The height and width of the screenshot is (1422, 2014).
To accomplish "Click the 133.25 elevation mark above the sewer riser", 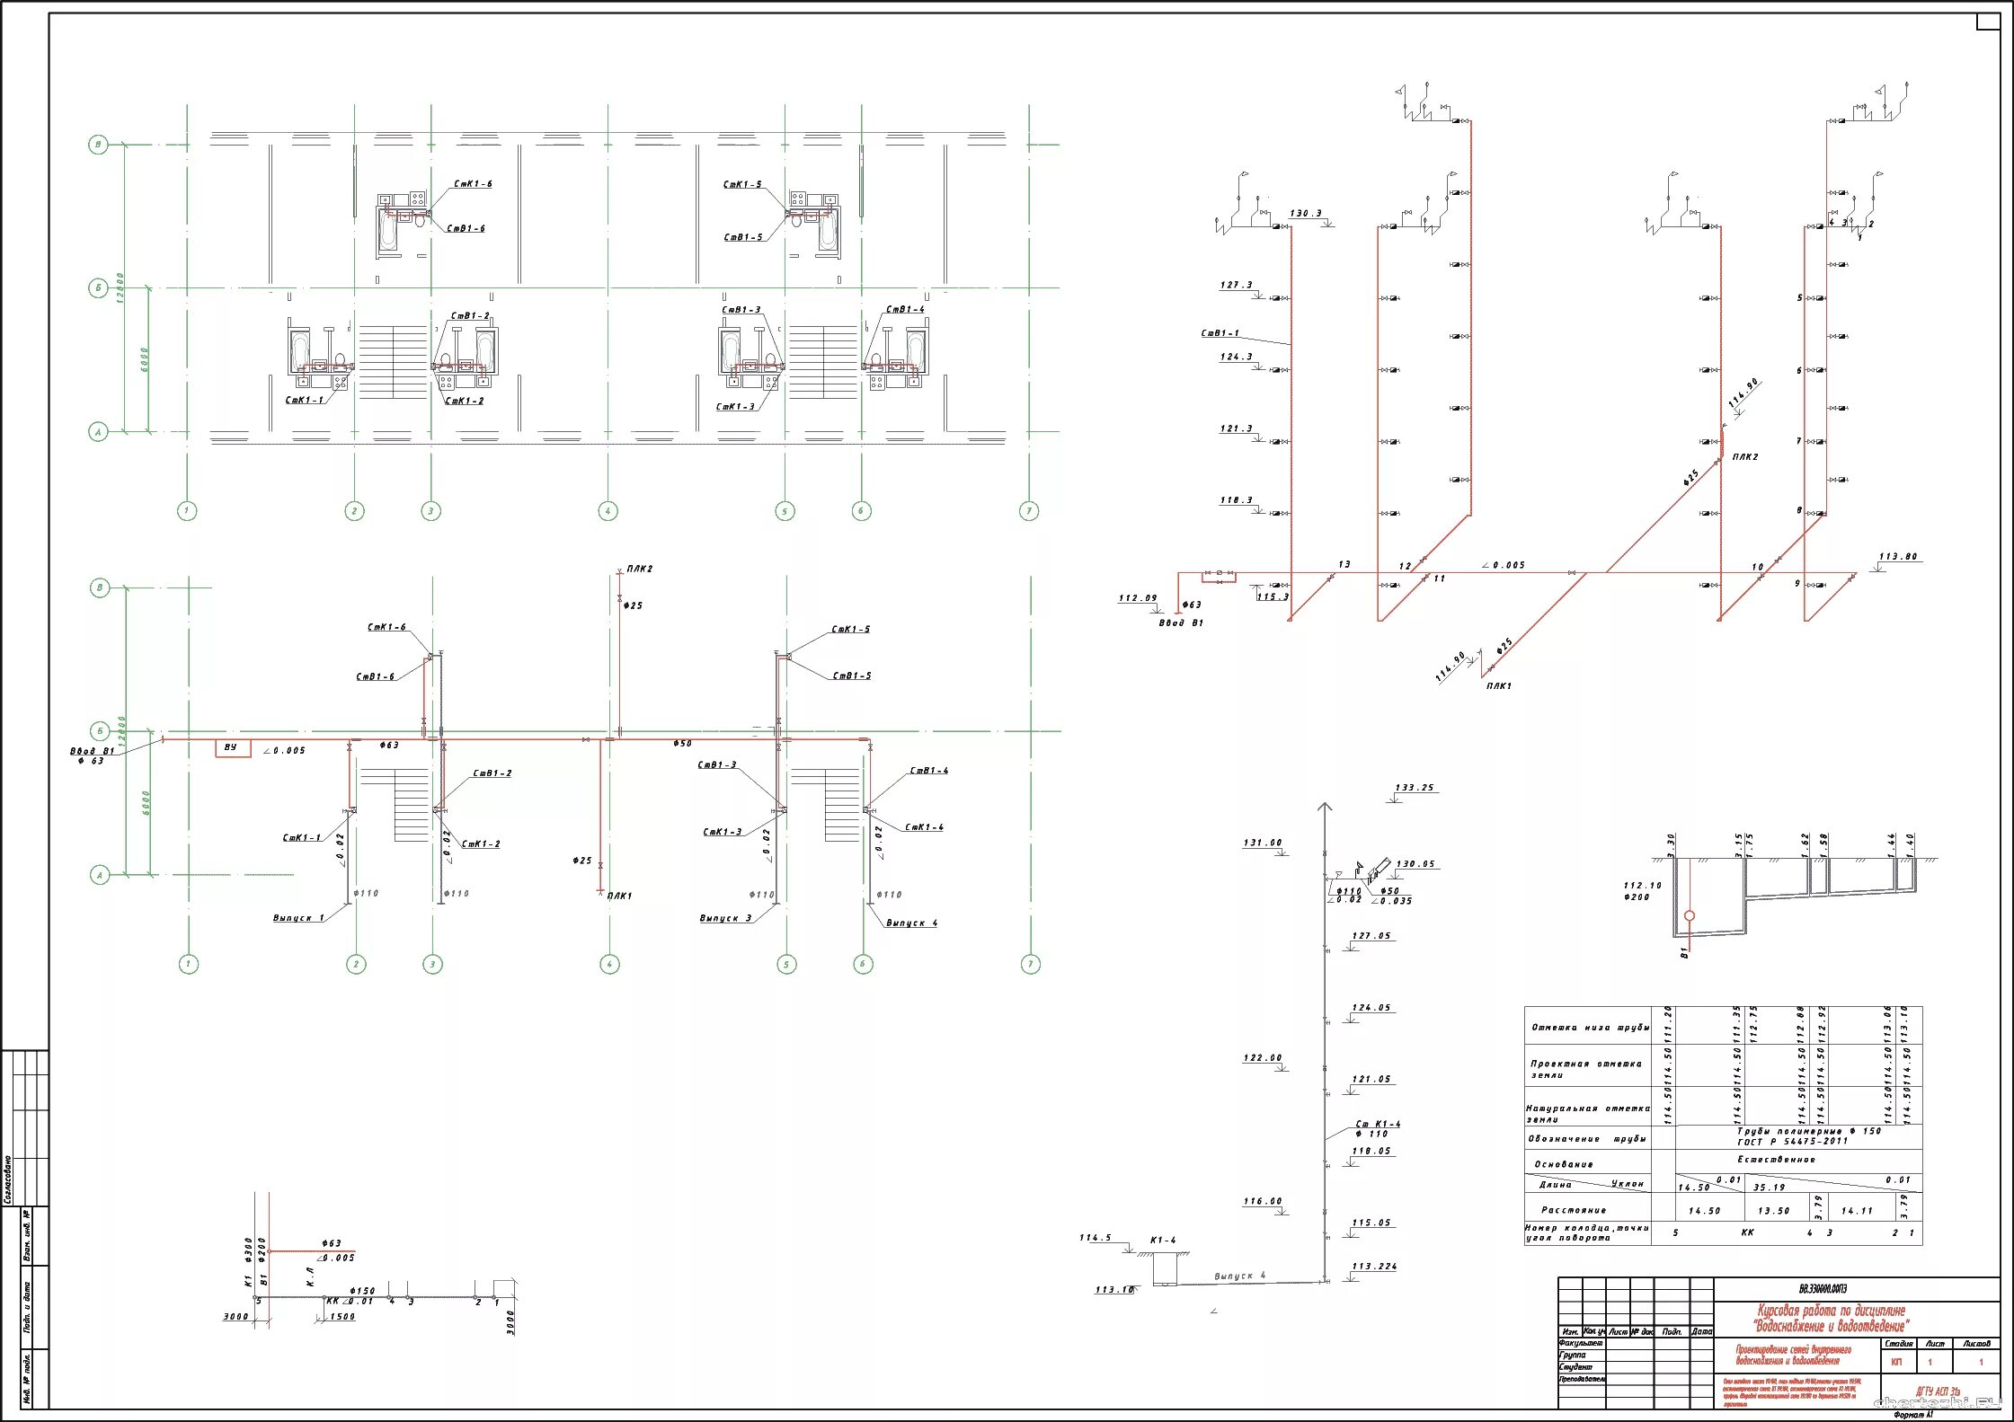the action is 1415,788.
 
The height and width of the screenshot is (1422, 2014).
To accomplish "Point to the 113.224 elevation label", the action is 1374,1267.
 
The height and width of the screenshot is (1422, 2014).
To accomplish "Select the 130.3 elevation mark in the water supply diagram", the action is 1306,214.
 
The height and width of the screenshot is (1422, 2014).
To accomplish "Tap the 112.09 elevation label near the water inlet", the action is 1138,598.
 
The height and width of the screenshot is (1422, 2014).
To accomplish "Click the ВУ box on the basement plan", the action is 231,747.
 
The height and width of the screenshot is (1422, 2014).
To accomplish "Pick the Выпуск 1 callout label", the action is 299,918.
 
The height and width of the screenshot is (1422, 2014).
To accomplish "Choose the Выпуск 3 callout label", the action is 725,918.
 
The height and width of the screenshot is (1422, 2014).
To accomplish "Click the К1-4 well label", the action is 1162,1241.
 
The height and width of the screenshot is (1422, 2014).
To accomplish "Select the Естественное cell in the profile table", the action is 1775,1160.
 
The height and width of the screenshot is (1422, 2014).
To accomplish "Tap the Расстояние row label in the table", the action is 1574,1210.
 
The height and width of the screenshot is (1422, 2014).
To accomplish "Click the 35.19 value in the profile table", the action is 1769,1188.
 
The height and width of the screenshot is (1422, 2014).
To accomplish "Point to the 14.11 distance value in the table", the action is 1857,1211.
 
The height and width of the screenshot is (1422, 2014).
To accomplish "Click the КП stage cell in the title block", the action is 1897,1363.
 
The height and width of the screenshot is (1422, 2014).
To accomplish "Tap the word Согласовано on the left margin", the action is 8,1178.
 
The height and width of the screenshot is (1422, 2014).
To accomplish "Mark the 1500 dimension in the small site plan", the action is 342,1317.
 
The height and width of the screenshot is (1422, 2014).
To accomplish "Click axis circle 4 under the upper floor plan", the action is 608,511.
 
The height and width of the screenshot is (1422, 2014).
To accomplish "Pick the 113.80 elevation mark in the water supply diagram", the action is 1898,557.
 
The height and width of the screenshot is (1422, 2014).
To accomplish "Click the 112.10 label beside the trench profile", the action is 1642,885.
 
